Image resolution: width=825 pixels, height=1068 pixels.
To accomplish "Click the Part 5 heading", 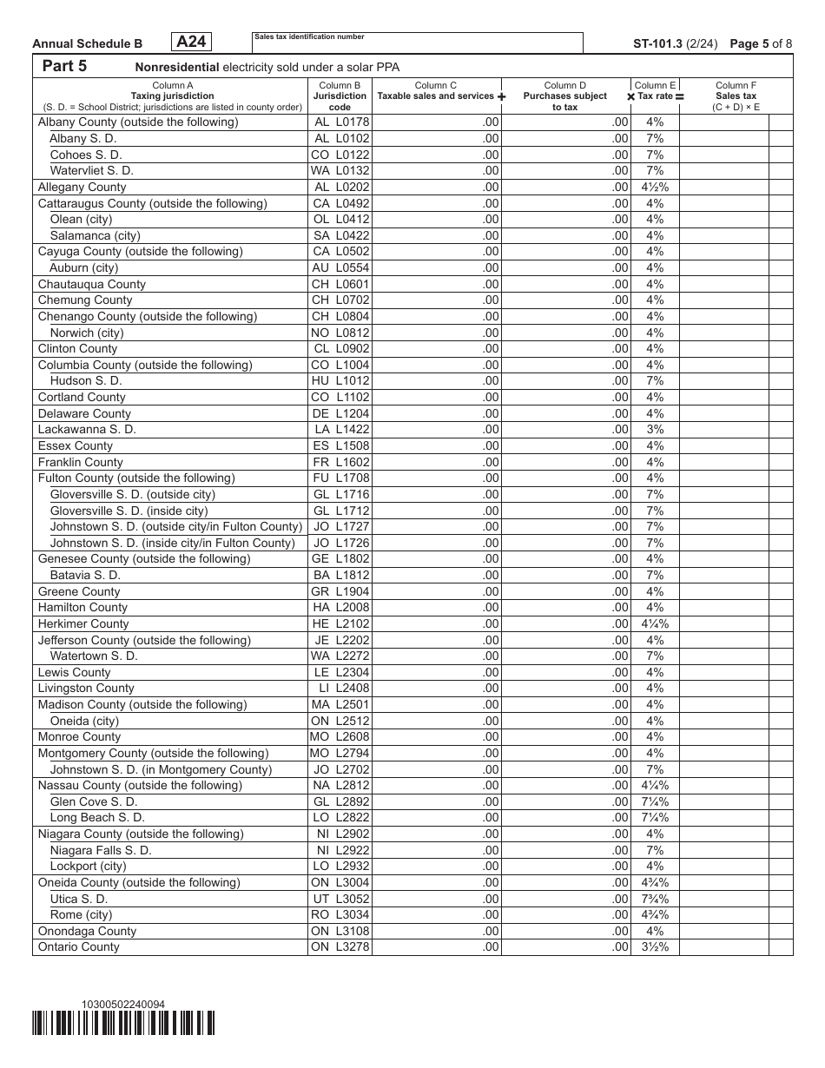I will (64, 67).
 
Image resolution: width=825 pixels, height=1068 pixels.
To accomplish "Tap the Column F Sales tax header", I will (736, 96).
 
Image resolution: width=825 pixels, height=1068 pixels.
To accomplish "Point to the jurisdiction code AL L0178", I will (340, 122).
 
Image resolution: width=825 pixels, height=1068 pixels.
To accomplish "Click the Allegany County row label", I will (82, 187).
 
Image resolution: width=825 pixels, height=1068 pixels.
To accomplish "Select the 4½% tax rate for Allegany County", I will (655, 187).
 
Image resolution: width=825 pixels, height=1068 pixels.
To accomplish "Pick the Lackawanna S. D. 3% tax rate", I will (655, 430).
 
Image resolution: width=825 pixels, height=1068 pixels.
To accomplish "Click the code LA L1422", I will (340, 430).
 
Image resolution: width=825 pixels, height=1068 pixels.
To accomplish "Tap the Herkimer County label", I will (83, 623).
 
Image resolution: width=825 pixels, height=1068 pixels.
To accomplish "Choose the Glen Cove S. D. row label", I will (93, 801).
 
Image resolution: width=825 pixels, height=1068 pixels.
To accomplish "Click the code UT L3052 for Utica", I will (340, 899).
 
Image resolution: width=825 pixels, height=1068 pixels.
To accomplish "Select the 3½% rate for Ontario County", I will (655, 947).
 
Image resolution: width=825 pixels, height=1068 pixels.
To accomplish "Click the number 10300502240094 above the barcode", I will (122, 1005).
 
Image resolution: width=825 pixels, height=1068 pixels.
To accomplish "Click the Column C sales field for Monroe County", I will (437, 737).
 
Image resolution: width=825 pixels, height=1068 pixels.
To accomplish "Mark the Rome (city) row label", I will (81, 914).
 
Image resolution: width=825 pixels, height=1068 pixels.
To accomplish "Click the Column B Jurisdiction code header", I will (340, 96).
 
